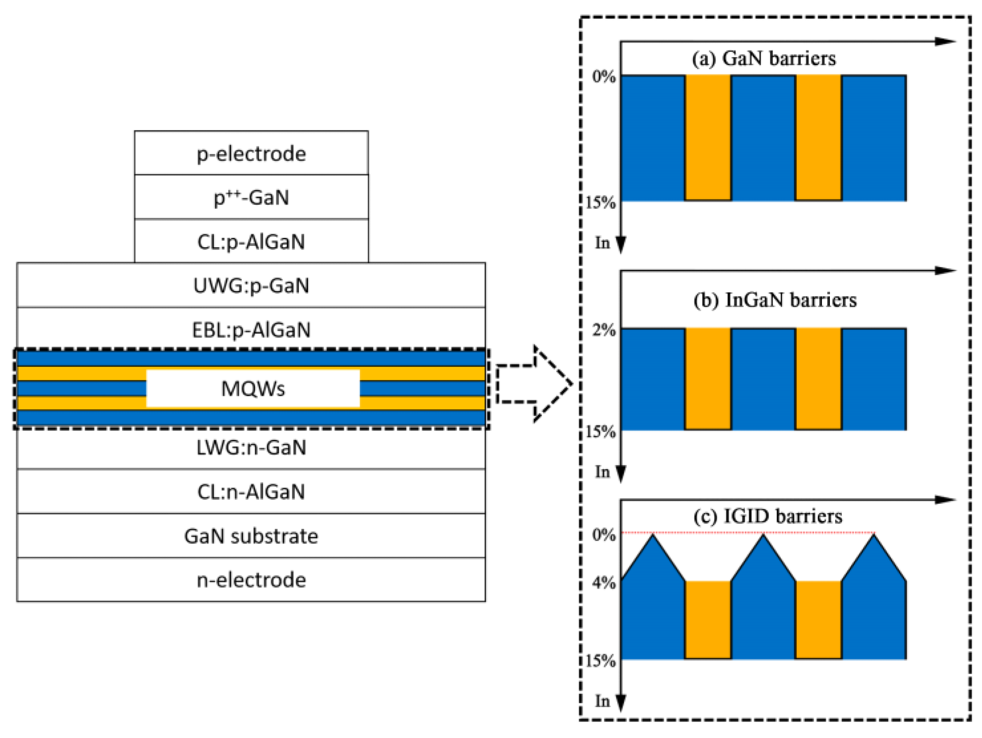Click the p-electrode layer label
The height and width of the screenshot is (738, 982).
click(251, 154)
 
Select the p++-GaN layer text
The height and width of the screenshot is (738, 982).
click(251, 198)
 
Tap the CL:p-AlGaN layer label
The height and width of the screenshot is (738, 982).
click(251, 242)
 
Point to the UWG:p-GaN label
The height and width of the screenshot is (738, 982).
click(251, 286)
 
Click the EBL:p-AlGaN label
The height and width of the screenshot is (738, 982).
click(251, 330)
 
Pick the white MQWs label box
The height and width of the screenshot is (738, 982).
click(252, 389)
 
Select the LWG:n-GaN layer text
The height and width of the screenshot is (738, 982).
click(251, 447)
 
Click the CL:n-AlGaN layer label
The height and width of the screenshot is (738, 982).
click(251, 492)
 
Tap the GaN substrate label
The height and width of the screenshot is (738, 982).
click(251, 536)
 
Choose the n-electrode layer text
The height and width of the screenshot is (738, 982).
click(251, 580)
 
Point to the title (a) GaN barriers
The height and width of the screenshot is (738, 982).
click(764, 59)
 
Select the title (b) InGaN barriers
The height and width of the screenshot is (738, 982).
click(775, 300)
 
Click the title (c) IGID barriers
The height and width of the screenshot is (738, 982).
click(768, 516)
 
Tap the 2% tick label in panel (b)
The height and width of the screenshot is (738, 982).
click(604, 330)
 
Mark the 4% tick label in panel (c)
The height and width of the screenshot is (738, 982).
click(604, 583)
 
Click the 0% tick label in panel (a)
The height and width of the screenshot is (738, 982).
click(604, 77)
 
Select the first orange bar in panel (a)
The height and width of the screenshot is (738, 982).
click(707, 138)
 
